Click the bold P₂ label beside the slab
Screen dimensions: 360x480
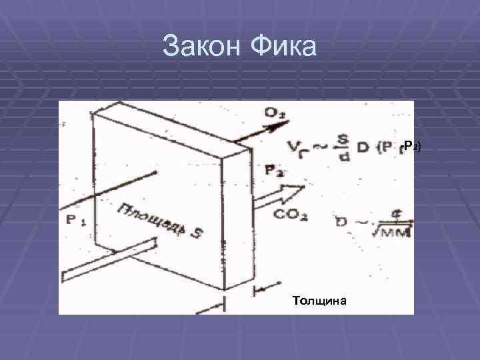pos(273,171)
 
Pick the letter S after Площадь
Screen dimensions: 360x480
pos(199,233)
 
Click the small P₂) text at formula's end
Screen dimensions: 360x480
pos(412,146)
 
